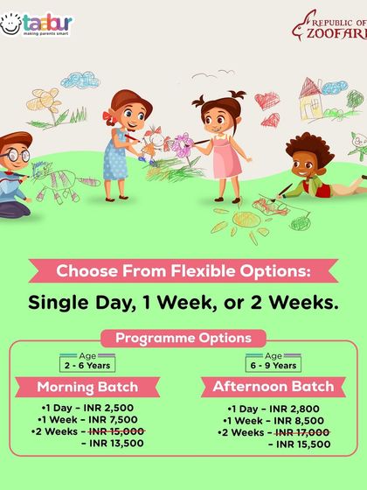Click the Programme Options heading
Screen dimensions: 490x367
click(x=183, y=338)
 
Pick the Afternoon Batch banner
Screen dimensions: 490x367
click(x=274, y=386)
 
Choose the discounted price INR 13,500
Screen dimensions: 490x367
click(x=117, y=443)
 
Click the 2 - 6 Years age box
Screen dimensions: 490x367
click(x=87, y=365)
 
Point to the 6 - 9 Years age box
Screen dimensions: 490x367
click(x=274, y=365)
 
